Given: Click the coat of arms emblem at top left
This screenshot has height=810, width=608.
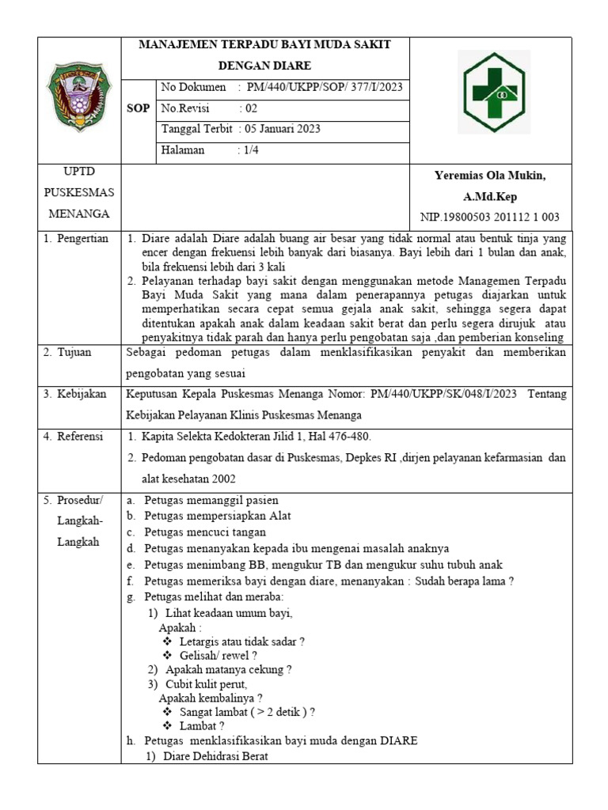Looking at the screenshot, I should point(77,98).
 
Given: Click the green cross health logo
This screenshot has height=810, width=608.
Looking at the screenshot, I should point(495,93).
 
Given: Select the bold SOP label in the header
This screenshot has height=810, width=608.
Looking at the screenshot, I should point(138,108).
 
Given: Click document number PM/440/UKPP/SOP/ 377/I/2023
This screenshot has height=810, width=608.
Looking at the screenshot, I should point(325,87).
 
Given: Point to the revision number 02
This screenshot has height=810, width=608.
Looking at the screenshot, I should point(251,108).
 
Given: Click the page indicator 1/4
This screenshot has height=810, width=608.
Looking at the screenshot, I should point(252,150).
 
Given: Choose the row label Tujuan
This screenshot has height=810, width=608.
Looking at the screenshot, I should point(75,353).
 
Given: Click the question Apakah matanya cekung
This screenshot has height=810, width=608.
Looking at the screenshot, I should point(229,669).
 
